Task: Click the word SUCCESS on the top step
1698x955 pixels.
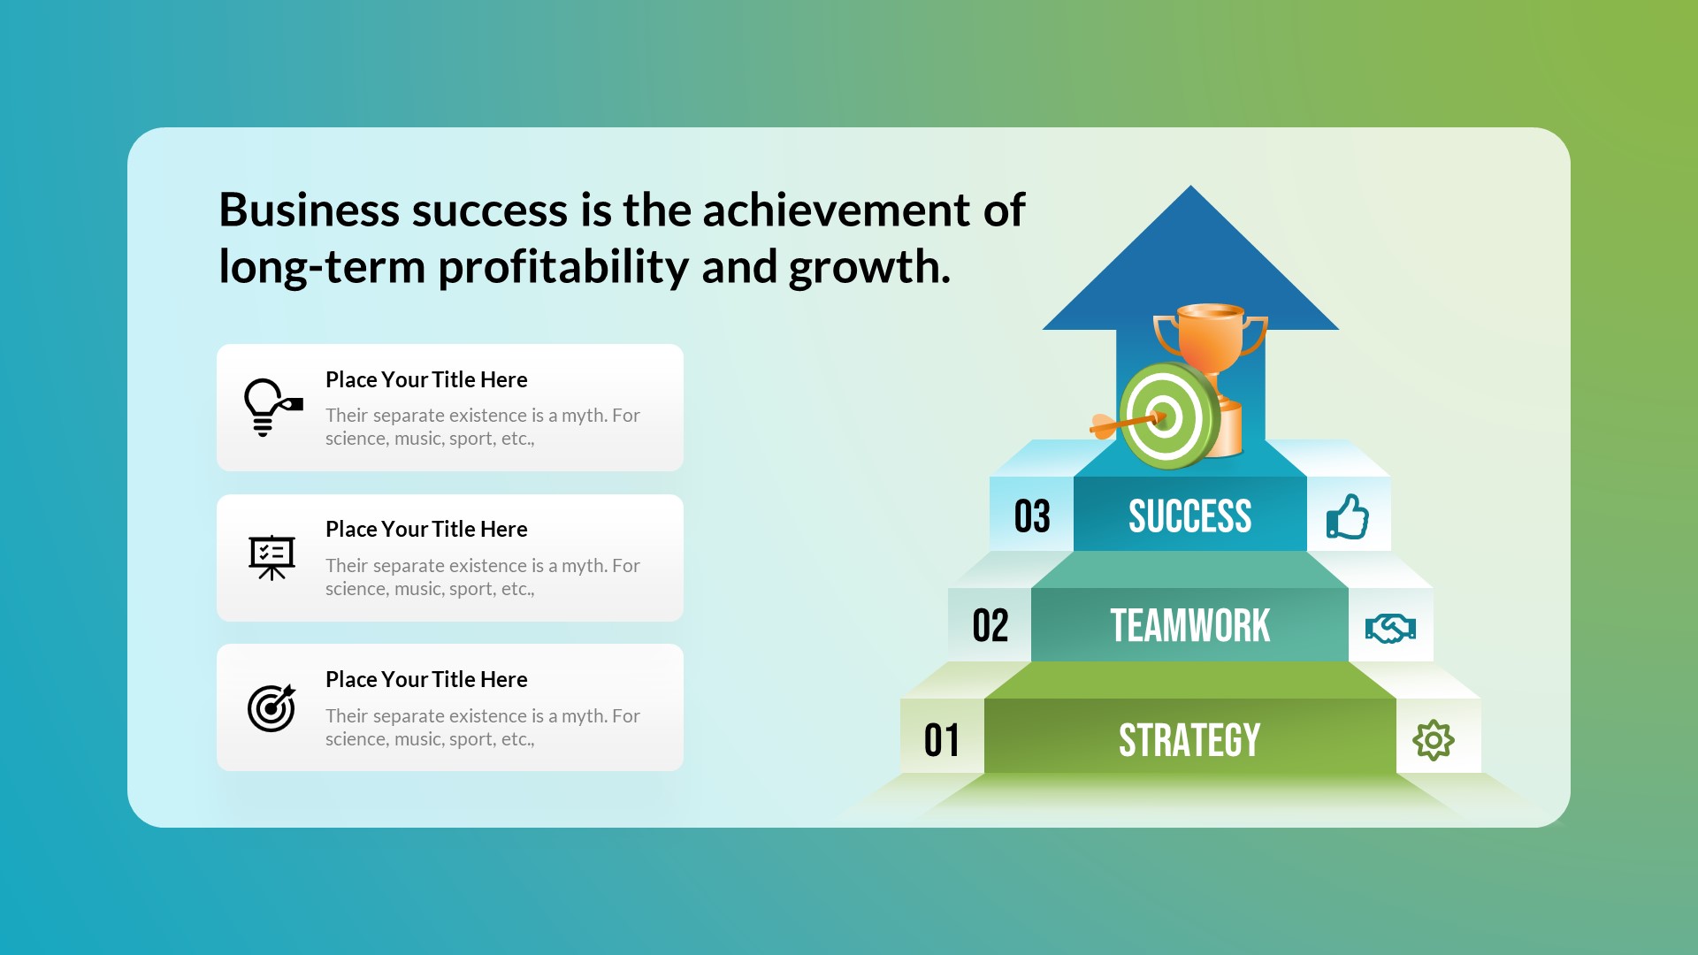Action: (1189, 516)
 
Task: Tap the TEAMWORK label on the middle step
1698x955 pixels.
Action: (1189, 626)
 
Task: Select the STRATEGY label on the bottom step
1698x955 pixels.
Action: (1189, 740)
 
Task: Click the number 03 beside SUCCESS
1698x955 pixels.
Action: (1032, 516)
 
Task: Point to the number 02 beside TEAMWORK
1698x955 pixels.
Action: (990, 626)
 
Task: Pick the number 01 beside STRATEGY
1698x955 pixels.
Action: (942, 740)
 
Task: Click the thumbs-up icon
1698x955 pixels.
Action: (1347, 517)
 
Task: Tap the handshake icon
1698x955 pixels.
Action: (1390, 629)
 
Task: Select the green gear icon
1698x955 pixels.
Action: (1433, 740)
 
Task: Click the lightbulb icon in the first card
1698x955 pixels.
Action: (271, 407)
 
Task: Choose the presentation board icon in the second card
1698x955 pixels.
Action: (272, 557)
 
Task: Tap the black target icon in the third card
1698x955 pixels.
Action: (272, 707)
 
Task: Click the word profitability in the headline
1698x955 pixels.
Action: (562, 267)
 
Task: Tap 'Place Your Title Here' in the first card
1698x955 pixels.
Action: (426, 379)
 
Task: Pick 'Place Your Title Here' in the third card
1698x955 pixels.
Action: (426, 679)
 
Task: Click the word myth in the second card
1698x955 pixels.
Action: (583, 565)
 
